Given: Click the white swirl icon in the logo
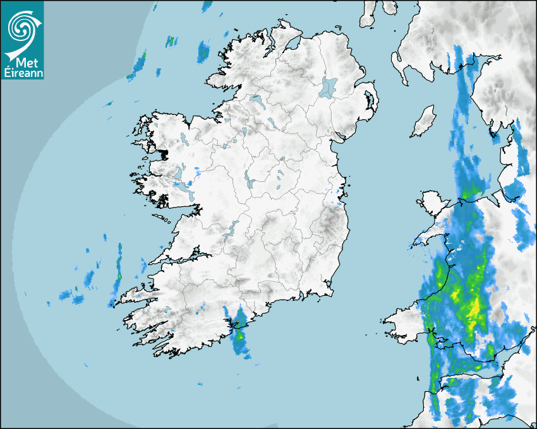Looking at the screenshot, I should (21, 27).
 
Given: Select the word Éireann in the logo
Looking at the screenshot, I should (22, 73).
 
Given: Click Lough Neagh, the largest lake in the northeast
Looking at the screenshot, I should (329, 87).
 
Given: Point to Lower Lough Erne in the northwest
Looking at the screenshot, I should (256, 100).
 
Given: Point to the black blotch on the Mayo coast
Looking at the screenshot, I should (164, 153).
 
